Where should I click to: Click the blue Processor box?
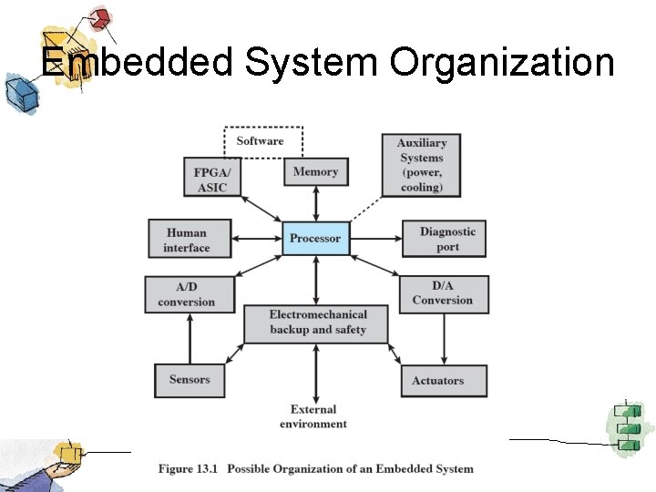click(315, 239)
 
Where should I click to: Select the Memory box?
click(315, 171)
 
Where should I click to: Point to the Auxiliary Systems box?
click(421, 165)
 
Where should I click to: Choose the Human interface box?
click(187, 240)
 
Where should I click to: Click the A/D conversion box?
click(187, 294)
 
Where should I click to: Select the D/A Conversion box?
click(443, 293)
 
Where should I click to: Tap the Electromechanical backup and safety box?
click(317, 323)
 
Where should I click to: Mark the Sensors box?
click(190, 380)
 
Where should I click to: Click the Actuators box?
click(444, 380)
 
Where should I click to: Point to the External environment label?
click(313, 416)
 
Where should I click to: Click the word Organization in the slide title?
click(501, 62)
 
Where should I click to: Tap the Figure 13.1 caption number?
click(189, 469)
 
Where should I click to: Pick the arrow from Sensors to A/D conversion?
click(190, 338)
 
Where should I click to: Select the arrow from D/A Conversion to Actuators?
click(444, 338)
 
